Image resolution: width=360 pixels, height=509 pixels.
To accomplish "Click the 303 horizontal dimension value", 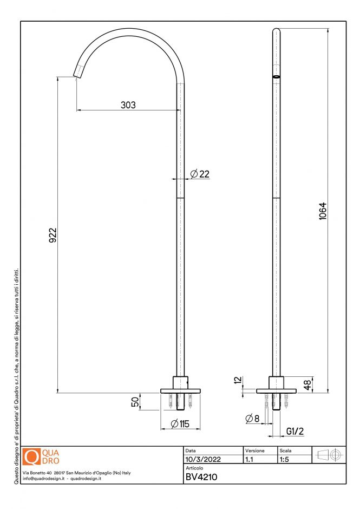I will coord(128,105).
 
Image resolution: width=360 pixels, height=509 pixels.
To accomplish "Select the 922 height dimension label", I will coord(53,236).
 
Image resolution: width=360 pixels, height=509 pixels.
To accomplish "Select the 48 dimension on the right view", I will coord(307,385).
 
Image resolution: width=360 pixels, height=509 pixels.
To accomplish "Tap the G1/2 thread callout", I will coord(295,432).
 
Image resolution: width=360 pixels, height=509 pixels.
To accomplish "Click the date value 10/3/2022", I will coord(203,459).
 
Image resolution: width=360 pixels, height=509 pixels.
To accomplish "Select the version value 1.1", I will coord(250,459).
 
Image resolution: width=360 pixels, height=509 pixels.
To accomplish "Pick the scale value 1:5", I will coord(284,459).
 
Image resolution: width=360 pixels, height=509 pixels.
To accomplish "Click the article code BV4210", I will coord(201,478).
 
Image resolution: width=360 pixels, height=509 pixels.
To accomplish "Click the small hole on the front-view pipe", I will coord(276,76).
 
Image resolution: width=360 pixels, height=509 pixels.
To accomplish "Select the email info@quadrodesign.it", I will coord(44,479).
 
